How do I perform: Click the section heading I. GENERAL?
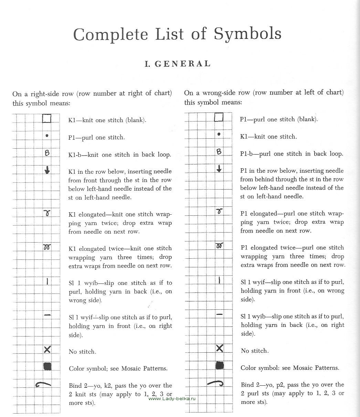click(x=177, y=64)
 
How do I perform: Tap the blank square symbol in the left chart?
click(x=47, y=119)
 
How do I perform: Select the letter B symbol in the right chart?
click(x=219, y=151)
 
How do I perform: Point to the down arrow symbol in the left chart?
click(x=47, y=170)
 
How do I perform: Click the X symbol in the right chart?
click(x=219, y=348)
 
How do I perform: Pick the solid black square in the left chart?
click(x=47, y=367)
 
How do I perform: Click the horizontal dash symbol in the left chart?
click(x=47, y=314)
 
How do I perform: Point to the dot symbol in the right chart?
click(x=219, y=134)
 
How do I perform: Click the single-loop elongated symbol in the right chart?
click(x=219, y=211)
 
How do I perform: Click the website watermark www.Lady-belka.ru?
click(x=172, y=398)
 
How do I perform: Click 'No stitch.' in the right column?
click(x=255, y=351)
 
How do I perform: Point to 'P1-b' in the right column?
click(x=247, y=154)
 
